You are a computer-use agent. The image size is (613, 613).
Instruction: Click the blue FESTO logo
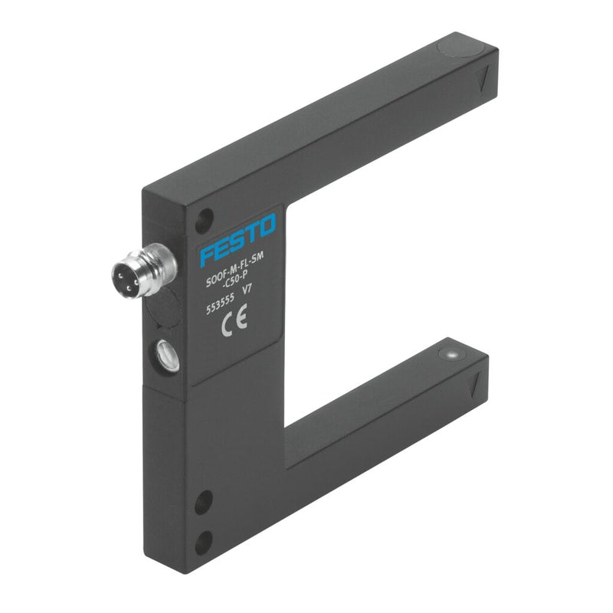coord(238,239)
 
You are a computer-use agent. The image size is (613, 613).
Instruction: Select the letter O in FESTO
coord(267,225)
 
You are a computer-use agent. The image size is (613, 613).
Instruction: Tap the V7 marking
coord(247,290)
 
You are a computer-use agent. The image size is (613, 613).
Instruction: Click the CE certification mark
coord(234,320)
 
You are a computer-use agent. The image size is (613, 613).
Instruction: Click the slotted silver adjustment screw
coord(168,355)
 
